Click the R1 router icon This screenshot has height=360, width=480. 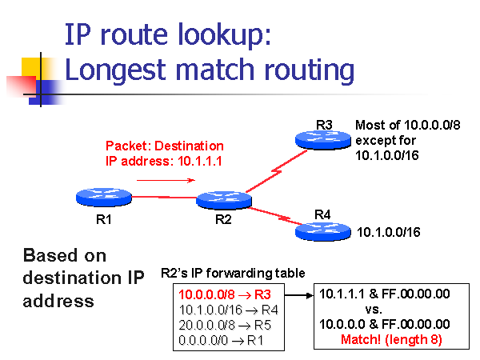[104, 197]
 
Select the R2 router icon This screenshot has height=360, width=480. [224, 200]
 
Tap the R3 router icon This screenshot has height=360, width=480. [323, 140]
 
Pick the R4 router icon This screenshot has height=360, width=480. [323, 231]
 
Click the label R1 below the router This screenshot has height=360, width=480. [104, 219]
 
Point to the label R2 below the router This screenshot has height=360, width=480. [223, 219]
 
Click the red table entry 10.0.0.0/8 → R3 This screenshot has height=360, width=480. [225, 294]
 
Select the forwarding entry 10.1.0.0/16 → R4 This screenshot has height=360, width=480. [228, 310]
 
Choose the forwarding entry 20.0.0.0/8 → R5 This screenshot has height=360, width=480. [225, 325]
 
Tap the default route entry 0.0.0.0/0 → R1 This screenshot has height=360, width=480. [221, 340]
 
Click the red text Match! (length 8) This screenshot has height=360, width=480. [391, 339]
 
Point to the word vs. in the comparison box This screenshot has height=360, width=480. [374, 310]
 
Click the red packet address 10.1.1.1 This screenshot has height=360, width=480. [199, 161]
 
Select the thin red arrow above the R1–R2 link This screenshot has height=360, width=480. [166, 180]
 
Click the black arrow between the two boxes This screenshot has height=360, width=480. [299, 295]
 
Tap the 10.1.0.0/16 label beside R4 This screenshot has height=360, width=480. [389, 232]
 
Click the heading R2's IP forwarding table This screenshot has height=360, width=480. [233, 273]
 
